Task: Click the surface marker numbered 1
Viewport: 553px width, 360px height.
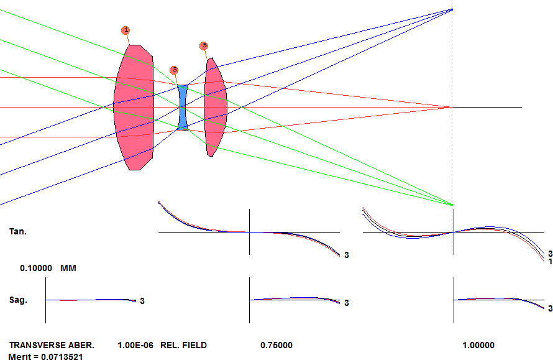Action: pos(126,30)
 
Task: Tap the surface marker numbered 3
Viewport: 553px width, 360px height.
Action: pos(174,70)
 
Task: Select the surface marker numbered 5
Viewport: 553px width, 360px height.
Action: pos(204,46)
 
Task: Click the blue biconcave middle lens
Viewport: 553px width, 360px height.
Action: pos(183,108)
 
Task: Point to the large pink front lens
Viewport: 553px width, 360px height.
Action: pos(134,108)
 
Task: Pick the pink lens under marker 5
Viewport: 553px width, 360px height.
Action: pos(215,108)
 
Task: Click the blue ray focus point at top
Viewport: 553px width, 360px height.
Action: pos(452,9)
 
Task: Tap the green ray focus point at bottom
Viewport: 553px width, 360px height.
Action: pos(452,205)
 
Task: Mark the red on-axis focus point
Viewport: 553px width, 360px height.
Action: pos(447,107)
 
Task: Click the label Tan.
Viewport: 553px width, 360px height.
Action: pos(18,231)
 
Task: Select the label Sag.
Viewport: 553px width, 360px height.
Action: pos(18,300)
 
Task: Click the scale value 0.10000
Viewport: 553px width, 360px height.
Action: pos(36,268)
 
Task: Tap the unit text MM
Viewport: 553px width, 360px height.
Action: pos(68,268)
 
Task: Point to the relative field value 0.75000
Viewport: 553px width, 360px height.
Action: pos(276,345)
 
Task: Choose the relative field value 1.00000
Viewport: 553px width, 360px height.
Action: pos(478,345)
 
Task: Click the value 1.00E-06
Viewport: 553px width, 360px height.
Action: pos(135,345)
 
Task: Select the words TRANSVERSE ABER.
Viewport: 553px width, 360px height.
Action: pos(52,345)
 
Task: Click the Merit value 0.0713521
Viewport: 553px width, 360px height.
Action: pos(62,356)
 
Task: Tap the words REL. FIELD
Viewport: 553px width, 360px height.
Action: pos(184,345)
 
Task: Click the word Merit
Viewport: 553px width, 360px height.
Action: pos(20,356)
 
